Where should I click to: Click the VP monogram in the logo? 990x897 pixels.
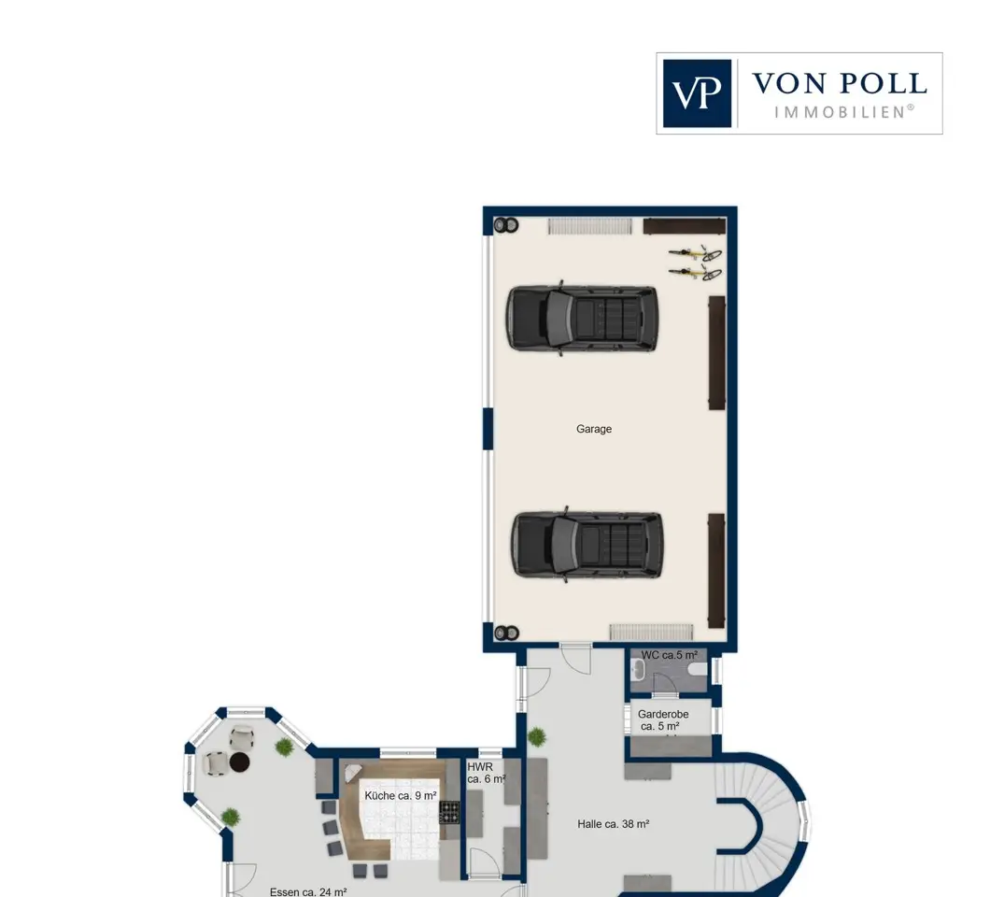click(697, 93)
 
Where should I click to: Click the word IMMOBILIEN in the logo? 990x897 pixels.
click(844, 112)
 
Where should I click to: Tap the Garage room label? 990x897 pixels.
click(593, 429)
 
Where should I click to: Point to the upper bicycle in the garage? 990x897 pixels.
click(695, 254)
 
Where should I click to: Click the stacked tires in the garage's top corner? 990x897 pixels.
click(506, 225)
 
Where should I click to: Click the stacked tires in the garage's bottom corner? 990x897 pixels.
click(506, 633)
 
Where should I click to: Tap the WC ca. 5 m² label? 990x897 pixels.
click(670, 655)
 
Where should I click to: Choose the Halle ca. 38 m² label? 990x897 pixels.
click(613, 824)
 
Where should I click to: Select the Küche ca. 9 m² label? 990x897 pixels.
click(401, 796)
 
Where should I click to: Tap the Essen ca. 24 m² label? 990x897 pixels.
click(308, 892)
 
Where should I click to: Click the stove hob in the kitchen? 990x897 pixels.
click(449, 812)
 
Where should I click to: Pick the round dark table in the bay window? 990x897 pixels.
click(240, 762)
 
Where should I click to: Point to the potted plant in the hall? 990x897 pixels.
click(537, 736)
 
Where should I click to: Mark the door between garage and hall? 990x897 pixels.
click(575, 658)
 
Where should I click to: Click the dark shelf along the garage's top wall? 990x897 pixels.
click(684, 226)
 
